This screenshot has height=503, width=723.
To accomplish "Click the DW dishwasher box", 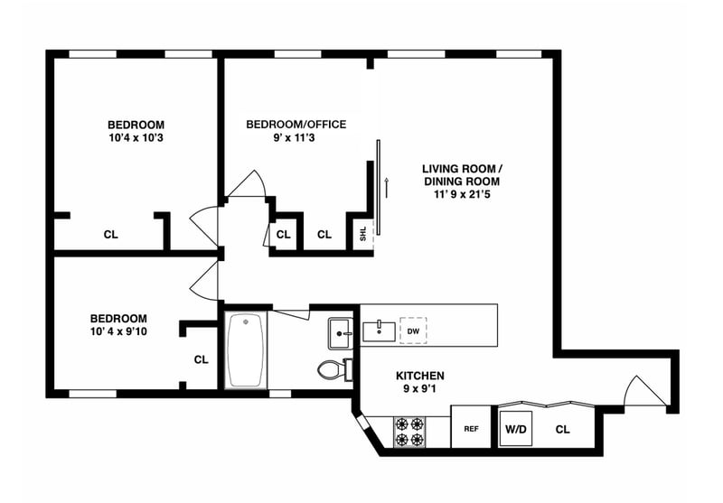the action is coord(413,331).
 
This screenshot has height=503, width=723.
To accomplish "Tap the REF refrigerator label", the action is coord(471,429).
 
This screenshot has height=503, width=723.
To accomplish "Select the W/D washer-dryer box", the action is coord(516,429).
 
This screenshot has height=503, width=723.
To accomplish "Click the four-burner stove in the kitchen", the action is coord(409,432).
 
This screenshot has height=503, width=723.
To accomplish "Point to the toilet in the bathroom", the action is coord(334,369).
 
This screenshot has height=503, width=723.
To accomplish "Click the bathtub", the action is coord(246,350).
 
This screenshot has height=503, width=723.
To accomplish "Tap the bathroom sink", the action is coord(341,332).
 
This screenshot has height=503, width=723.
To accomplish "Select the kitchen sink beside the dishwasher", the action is coord(379,331).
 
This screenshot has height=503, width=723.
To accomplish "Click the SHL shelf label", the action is coord(363,234).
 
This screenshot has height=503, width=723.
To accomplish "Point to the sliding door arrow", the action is coord(387,188).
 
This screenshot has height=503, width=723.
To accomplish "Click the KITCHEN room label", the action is coord(420,376).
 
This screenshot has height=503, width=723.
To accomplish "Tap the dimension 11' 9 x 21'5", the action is coord(462,194).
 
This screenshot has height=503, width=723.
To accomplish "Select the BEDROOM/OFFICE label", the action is coord(296,125).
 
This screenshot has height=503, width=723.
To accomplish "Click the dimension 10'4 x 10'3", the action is coord(136,138).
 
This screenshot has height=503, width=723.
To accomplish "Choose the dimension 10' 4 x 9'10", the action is coord(118,331).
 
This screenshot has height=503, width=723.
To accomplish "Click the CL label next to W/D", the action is coord(562,430).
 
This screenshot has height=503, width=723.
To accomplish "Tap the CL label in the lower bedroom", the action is coord(201,359).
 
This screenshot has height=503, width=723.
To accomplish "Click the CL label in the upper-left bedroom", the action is coord(110,235).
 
